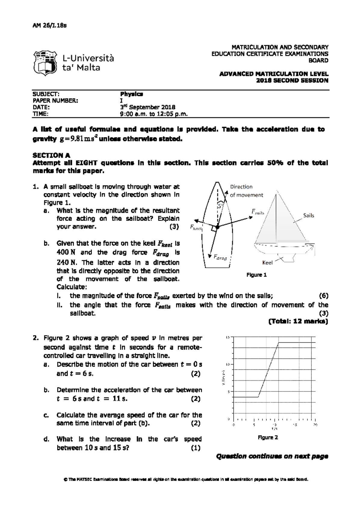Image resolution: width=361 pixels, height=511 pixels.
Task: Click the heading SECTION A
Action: pos(51,155)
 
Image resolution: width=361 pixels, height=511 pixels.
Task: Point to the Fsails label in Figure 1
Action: pos(258,212)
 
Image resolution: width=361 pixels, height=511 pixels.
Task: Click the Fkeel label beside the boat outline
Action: pos(196,228)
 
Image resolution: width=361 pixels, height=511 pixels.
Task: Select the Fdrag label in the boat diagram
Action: pos(220,258)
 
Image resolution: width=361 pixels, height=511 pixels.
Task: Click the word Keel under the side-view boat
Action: pos(267,263)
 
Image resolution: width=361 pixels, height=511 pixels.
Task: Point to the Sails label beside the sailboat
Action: pos(308,215)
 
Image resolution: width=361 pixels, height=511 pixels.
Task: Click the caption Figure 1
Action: pos(257,275)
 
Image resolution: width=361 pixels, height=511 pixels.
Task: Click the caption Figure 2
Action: pos(268,438)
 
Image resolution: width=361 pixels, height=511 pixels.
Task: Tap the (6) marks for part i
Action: pos(323,295)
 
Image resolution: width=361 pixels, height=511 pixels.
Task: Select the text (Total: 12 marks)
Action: pos(298,321)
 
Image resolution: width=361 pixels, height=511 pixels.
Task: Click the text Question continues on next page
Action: pos(272,456)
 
